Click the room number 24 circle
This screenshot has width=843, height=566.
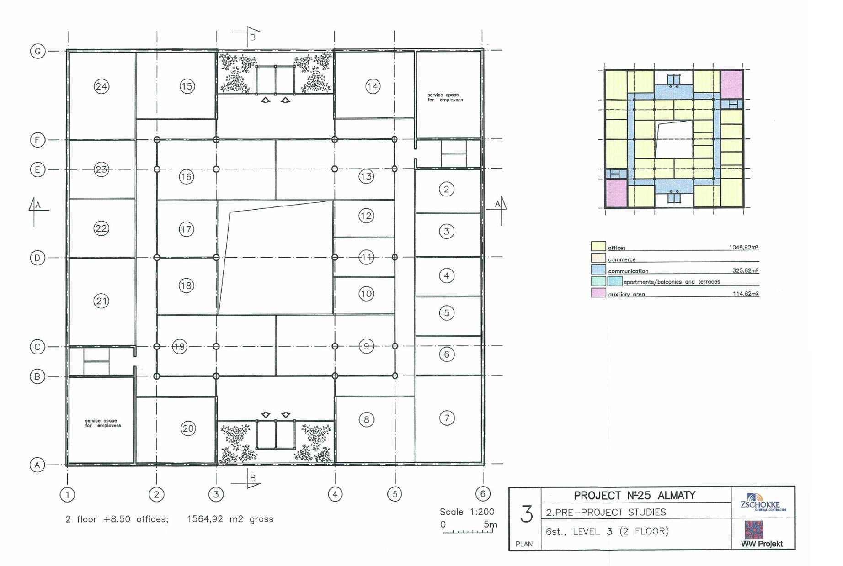(x=101, y=86)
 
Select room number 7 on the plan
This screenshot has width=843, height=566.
(x=447, y=418)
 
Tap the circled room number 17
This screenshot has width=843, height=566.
(x=186, y=229)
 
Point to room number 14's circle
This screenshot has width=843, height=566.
(x=373, y=86)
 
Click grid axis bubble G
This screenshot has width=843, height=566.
(x=37, y=51)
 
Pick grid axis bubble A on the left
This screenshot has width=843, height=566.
(x=37, y=465)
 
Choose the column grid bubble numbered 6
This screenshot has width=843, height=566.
(x=483, y=494)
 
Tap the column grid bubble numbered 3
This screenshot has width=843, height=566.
(x=216, y=494)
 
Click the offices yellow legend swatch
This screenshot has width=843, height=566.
(x=598, y=247)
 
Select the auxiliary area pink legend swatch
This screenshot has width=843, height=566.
(x=598, y=293)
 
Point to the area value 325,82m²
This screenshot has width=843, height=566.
(x=745, y=270)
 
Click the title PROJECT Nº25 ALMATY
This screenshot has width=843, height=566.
(x=635, y=495)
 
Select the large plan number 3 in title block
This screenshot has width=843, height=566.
(x=527, y=514)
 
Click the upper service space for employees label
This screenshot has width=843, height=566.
(x=445, y=97)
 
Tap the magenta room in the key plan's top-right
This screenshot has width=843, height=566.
(x=731, y=84)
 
